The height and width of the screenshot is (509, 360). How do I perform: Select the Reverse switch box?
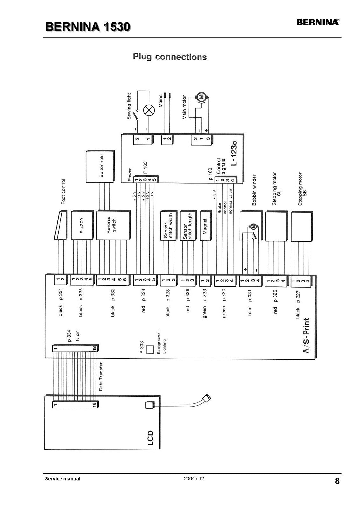click(x=113, y=225)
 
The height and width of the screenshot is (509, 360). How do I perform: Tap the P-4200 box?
click(x=82, y=225)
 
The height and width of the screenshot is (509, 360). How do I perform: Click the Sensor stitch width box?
click(x=169, y=226)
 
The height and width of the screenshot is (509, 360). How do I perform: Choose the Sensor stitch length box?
click(x=188, y=226)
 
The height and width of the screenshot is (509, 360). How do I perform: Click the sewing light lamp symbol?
click(x=149, y=111)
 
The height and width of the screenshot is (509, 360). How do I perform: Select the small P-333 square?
click(x=150, y=350)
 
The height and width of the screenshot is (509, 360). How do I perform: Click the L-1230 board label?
click(x=234, y=153)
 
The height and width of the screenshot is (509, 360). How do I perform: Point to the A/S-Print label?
click(x=306, y=336)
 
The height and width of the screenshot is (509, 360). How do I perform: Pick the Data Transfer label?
click(x=101, y=377)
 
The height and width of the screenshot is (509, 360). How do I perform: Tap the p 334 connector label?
click(x=69, y=336)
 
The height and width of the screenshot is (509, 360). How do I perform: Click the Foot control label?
click(x=63, y=192)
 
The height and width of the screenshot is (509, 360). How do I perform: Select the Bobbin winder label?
click(x=254, y=190)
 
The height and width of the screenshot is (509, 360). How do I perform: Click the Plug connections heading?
click(x=170, y=57)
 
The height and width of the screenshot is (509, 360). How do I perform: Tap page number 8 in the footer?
click(x=337, y=481)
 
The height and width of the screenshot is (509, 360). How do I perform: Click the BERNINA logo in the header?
click(x=318, y=22)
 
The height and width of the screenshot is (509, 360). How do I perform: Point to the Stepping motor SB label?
click(x=302, y=189)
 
